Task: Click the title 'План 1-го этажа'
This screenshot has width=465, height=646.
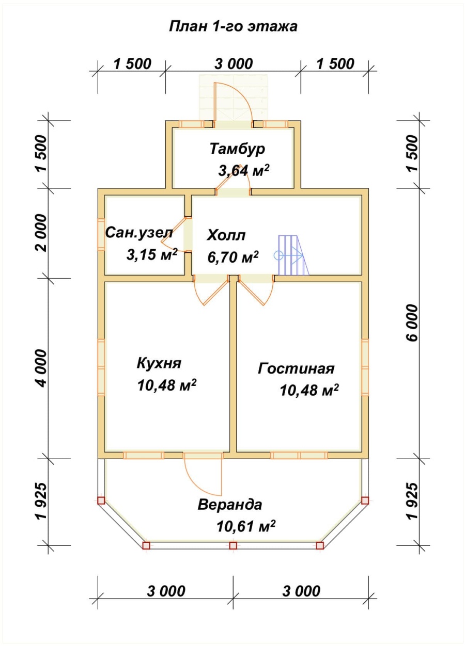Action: point(233,26)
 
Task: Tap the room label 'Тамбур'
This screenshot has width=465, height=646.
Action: point(237,149)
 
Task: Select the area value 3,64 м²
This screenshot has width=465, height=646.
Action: point(243,170)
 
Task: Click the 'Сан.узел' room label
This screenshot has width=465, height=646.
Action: point(139,232)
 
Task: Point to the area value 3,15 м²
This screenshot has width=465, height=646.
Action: point(152,254)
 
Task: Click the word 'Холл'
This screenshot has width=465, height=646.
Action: point(226,235)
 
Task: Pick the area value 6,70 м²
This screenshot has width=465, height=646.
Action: point(233,257)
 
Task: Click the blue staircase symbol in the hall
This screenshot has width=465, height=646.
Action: point(291,255)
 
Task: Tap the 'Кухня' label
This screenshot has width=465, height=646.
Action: point(159,363)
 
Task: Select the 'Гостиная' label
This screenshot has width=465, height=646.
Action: point(296,368)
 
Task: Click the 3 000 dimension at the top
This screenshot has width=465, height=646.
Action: point(234,64)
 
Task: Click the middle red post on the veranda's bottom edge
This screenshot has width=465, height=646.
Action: point(233,545)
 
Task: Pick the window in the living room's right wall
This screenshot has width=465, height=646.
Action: point(365,368)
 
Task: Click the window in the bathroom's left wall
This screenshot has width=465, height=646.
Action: point(101,234)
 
